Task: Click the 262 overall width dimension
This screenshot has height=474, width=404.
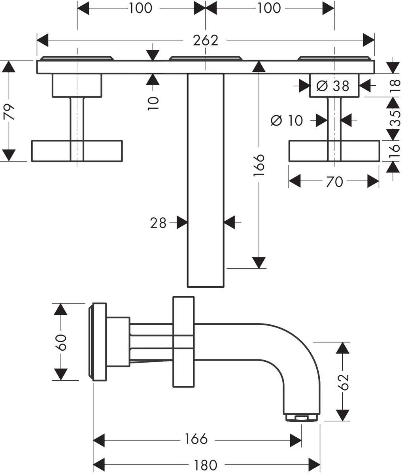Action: pos(205,40)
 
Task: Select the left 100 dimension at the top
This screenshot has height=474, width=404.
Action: pos(140,8)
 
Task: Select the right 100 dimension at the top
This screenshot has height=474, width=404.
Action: pos(269,8)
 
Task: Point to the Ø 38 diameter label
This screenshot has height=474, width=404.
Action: pos(334,85)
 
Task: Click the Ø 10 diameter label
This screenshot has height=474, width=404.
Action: pos(287,120)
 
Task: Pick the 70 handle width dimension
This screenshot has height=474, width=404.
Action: pos(334,182)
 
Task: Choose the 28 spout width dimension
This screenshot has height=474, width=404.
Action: pos(158,223)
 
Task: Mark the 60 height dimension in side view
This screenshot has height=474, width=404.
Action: pos(60,342)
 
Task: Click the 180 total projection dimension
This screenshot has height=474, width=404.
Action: pos(206,465)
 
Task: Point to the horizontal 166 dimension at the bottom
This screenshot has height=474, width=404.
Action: pos(196,439)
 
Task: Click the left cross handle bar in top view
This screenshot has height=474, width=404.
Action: pos(77,150)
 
